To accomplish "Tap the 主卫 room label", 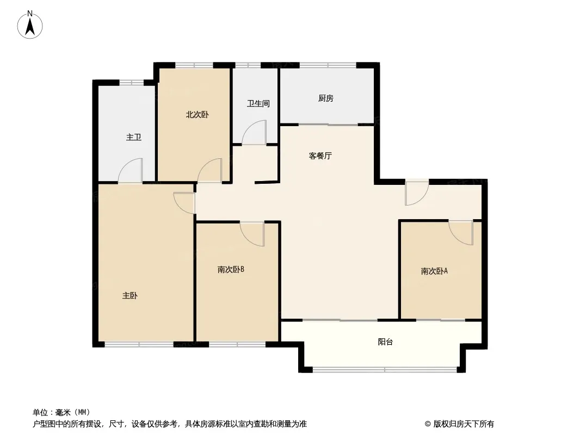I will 134,137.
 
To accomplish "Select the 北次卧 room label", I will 197,115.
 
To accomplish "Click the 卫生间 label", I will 258,103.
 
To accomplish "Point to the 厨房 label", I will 325,98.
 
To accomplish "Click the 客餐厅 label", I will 320,156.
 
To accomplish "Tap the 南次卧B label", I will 231,269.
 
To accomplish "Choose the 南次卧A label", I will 434,271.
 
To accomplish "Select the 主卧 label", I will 130,296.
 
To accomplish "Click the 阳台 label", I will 385,342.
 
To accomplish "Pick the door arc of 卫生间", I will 254,134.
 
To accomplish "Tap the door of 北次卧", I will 210,170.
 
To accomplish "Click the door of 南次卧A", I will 461,232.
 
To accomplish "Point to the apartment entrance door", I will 417,193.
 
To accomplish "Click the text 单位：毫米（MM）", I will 61,412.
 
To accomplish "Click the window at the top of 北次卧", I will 194,65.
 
